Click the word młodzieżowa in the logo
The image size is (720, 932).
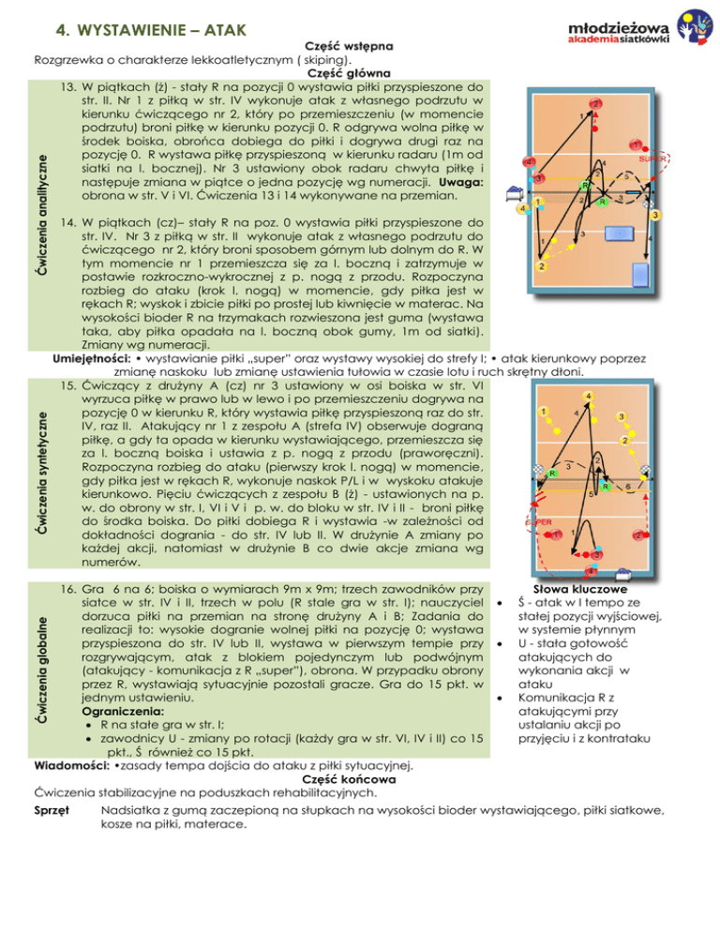(615, 25)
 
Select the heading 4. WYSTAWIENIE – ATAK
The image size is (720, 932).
(151, 31)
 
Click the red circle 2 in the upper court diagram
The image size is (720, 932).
(595, 102)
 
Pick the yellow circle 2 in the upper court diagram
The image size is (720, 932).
(542, 267)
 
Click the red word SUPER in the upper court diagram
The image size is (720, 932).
(652, 160)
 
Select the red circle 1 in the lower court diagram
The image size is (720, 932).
(557, 534)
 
